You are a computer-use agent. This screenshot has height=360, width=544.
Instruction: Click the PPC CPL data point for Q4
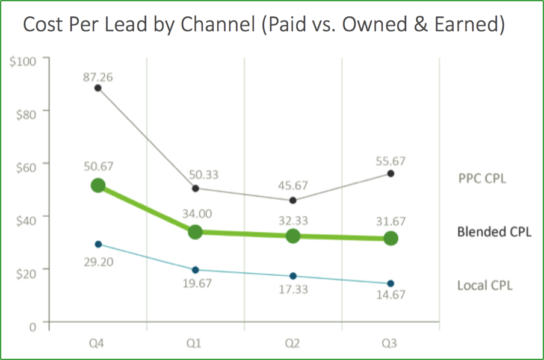(x=97, y=88)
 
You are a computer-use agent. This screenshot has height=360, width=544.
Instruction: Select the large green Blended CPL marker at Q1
(x=195, y=232)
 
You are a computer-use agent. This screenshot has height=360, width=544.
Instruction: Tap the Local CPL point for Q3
(x=391, y=283)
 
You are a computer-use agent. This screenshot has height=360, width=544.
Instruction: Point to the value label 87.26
(x=98, y=77)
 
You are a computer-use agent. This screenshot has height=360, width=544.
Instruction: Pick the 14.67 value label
(x=391, y=295)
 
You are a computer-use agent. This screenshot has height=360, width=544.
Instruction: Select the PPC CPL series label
(x=482, y=178)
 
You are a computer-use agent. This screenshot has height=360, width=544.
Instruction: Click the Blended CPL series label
(x=494, y=232)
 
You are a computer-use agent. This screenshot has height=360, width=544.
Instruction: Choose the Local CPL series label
(x=485, y=285)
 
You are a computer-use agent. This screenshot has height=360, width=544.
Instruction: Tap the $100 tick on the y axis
(x=23, y=61)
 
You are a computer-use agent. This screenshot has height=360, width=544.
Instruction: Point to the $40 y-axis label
(x=26, y=219)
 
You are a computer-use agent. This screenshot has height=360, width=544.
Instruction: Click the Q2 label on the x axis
(x=292, y=344)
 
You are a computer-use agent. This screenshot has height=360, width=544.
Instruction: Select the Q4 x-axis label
(x=97, y=344)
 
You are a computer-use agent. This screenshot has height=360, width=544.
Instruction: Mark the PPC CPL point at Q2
(x=292, y=200)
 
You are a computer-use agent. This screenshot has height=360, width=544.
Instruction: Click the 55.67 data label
(x=391, y=161)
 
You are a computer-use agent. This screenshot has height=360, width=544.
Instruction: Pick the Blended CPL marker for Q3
(x=391, y=238)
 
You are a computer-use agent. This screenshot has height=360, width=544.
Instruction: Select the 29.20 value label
(x=98, y=262)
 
